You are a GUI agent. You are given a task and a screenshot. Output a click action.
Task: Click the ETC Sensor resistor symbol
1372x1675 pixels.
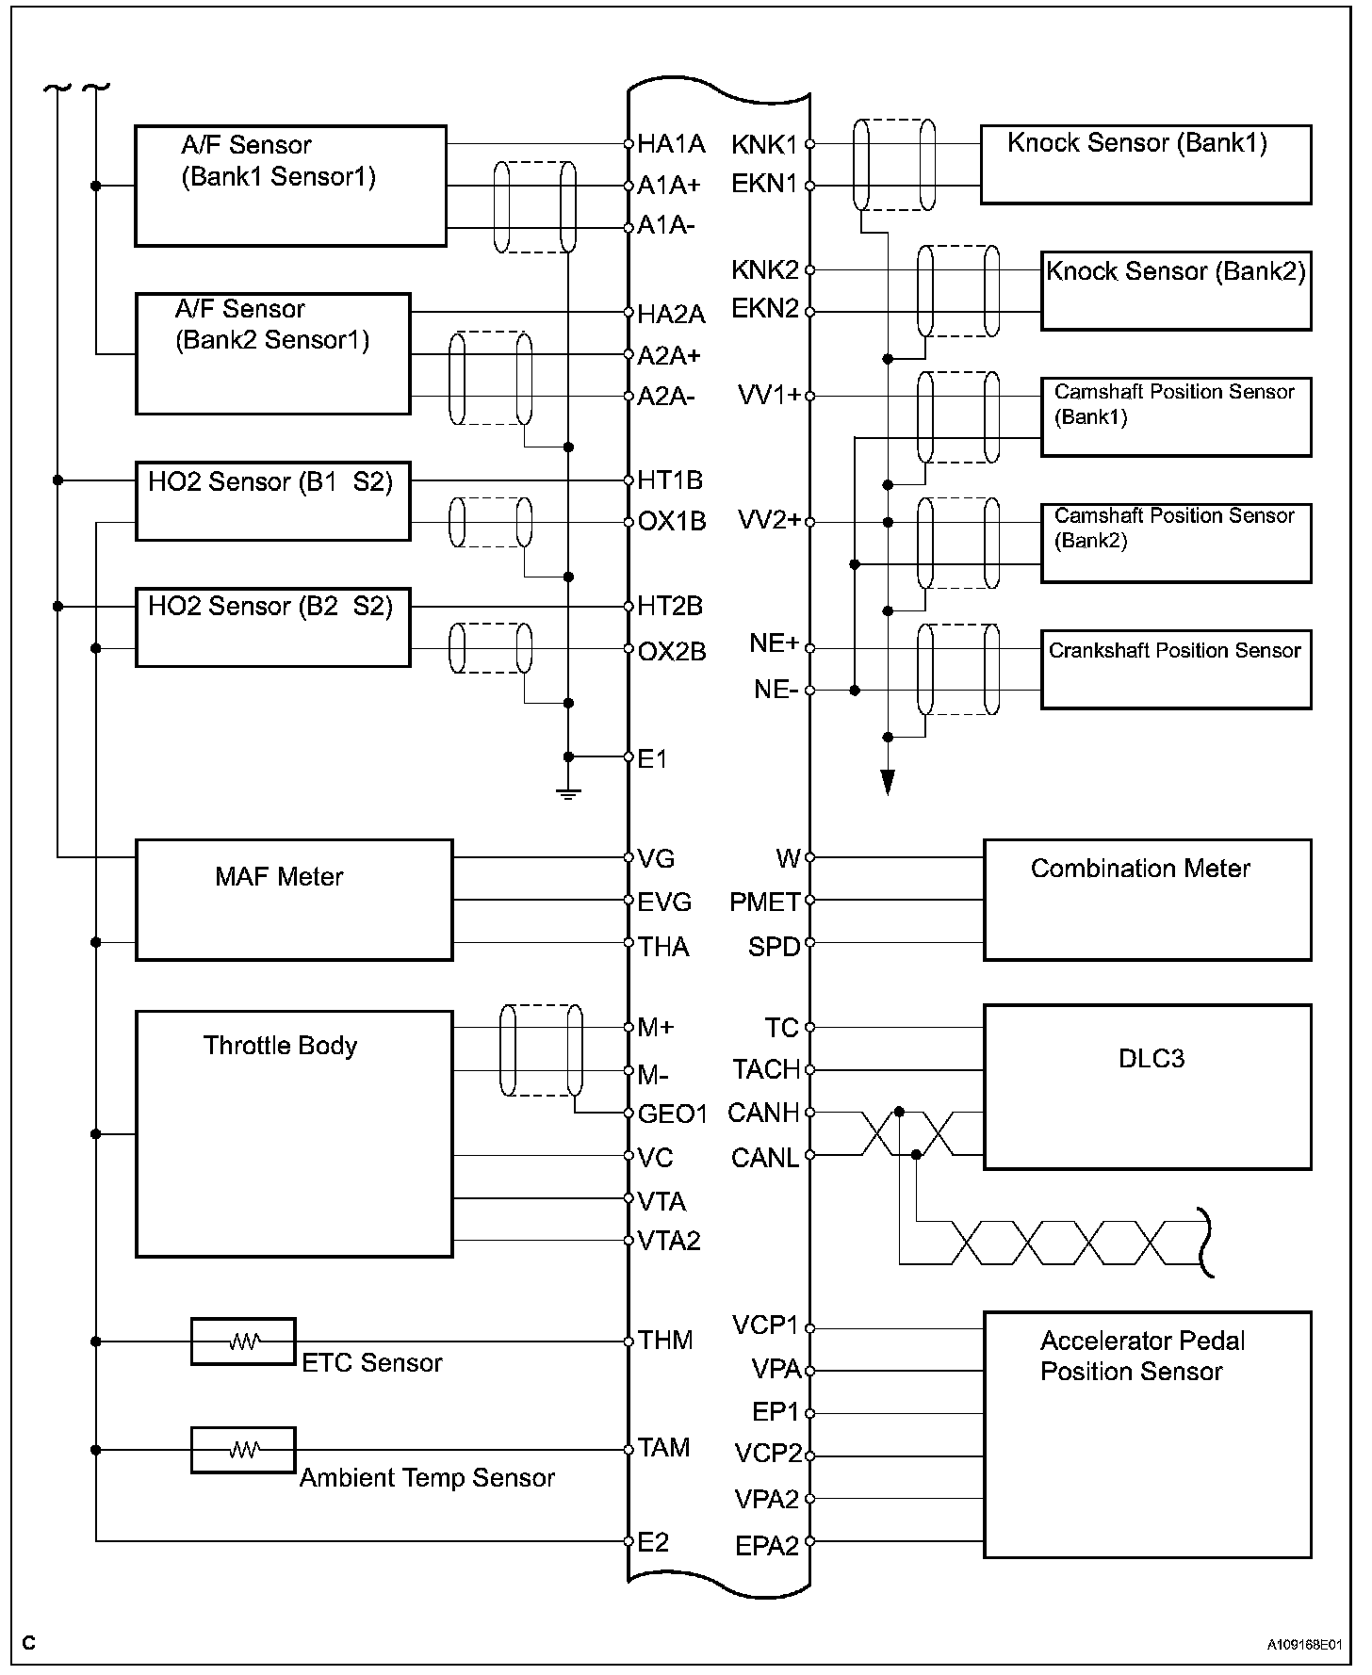point(243,1341)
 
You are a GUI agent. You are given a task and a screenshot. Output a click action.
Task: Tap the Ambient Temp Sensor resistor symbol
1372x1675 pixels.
point(243,1450)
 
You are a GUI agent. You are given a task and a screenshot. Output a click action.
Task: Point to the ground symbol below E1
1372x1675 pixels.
point(567,792)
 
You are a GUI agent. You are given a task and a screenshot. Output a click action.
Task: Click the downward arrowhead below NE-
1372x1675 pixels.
point(887,782)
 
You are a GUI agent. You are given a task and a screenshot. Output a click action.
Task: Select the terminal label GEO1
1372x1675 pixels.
point(672,1114)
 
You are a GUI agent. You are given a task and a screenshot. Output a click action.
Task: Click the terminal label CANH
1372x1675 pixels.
point(763,1113)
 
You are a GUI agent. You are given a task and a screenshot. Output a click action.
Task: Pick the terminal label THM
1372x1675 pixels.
point(665,1340)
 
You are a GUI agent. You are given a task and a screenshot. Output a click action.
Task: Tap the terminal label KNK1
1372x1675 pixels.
point(764,144)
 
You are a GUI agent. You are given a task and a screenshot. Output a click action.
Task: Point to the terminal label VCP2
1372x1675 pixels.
point(768,1454)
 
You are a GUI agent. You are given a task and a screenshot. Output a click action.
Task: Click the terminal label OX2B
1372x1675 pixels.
point(672,651)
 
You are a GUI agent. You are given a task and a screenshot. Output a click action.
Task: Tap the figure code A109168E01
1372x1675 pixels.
point(1303,1644)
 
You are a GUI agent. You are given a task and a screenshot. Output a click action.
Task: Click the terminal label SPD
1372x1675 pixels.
point(774,946)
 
